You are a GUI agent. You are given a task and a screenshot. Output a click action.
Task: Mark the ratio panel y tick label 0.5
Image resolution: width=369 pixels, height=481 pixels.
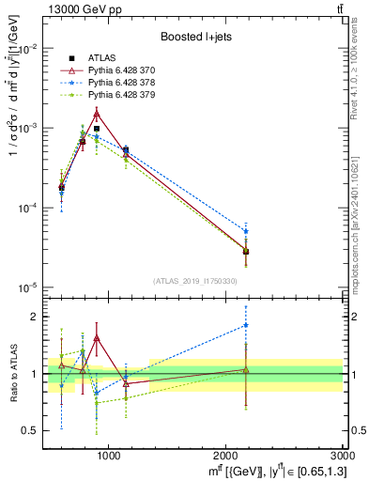[34, 430]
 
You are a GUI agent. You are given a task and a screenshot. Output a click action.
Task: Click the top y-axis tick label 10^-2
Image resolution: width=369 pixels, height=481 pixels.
[28, 49]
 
